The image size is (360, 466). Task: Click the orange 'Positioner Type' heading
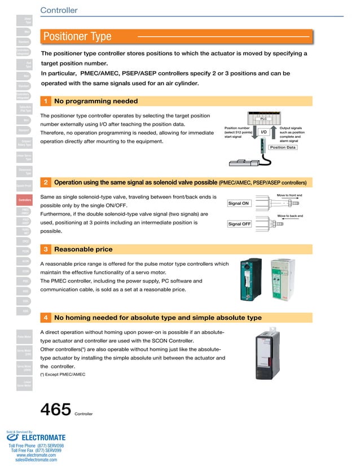(x=78, y=37)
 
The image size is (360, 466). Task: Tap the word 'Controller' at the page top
(x=59, y=10)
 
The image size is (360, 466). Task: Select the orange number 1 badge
(x=45, y=102)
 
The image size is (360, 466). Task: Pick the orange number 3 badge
(x=45, y=249)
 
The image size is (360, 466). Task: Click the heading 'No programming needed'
(x=96, y=102)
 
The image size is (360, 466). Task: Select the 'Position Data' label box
(x=283, y=147)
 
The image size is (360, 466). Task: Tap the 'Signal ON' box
(x=239, y=203)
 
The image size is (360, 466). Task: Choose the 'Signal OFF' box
(x=239, y=224)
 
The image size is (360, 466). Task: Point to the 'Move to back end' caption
(x=290, y=216)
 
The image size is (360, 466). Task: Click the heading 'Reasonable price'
(x=83, y=249)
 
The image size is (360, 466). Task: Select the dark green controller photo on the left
(x=248, y=280)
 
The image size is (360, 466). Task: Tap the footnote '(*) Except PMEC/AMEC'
(x=62, y=374)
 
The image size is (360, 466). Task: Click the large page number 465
(x=55, y=409)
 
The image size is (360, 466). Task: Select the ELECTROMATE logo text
(x=43, y=437)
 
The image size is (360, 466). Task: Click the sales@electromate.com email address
(x=36, y=460)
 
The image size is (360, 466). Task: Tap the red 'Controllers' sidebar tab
(x=24, y=200)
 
